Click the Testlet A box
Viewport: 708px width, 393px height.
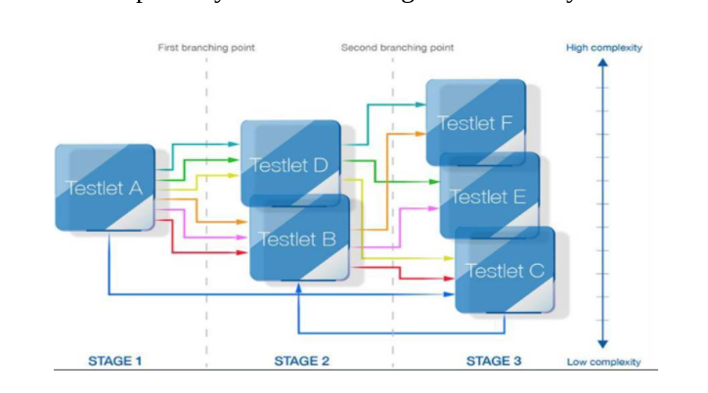[x=105, y=188]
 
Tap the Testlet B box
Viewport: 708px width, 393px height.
[x=299, y=238]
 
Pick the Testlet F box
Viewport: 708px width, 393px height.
[x=475, y=123]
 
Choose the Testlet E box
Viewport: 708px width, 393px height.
[x=488, y=196]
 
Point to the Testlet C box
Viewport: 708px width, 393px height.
[x=505, y=271]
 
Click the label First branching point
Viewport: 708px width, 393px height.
[x=206, y=47]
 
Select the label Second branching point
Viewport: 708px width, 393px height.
[x=392, y=47]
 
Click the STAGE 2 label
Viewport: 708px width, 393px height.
[x=301, y=361]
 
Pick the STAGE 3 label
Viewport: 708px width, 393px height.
[x=493, y=361]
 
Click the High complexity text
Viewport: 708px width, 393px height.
[x=604, y=47]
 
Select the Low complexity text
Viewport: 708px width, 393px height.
[x=604, y=362]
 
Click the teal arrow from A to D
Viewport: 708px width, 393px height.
[x=205, y=144]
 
